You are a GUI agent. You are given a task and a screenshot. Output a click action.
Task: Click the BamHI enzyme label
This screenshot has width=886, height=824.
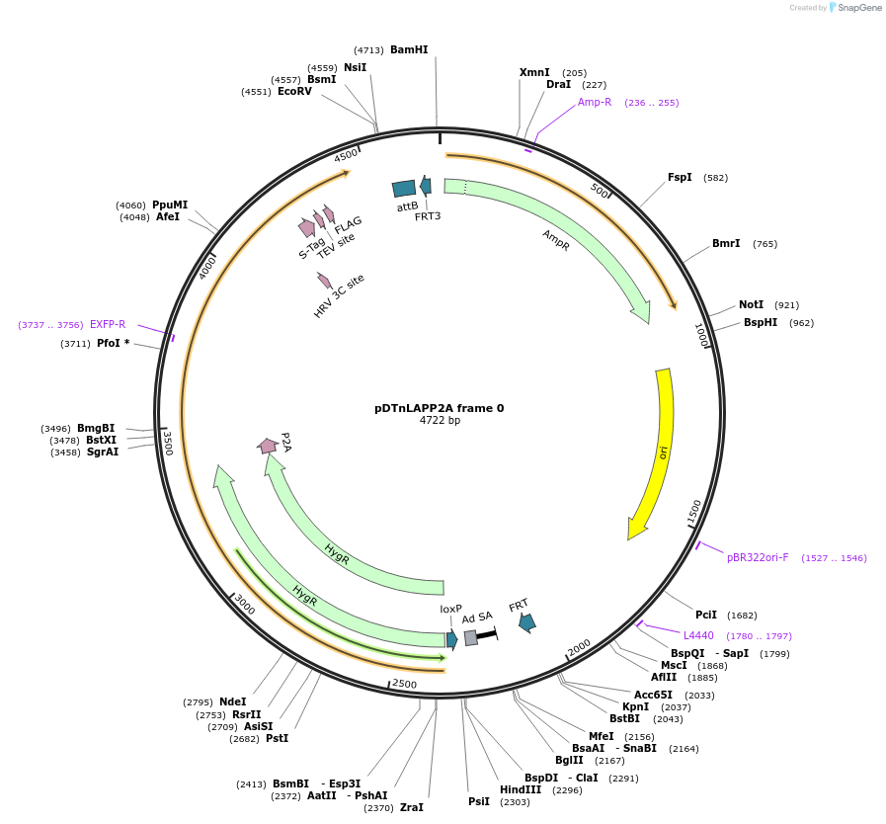click(409, 49)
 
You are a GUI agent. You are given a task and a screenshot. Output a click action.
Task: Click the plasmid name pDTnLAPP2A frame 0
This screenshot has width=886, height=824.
click(439, 408)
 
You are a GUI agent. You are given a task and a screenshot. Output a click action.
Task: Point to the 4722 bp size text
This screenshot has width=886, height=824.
click(440, 421)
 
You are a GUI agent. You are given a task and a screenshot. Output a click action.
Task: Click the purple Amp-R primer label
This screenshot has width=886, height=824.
click(595, 103)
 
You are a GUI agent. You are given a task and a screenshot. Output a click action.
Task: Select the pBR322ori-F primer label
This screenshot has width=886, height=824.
click(758, 557)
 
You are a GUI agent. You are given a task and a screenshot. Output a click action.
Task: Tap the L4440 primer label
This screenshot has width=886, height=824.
click(698, 635)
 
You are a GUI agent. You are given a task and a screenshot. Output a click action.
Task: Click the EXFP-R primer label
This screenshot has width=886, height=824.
click(108, 324)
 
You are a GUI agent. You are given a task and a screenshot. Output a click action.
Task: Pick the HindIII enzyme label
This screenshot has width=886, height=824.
click(521, 789)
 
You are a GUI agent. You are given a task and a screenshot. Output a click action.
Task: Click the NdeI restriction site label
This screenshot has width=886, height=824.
click(233, 702)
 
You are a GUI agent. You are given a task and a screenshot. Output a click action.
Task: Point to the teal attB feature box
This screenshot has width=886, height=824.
click(404, 189)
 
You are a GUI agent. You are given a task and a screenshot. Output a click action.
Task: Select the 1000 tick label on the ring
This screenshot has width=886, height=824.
click(701, 335)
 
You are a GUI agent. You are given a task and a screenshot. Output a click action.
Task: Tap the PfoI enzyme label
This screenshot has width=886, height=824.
click(109, 344)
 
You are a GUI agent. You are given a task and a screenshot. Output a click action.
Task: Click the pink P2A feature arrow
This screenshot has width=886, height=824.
click(267, 447)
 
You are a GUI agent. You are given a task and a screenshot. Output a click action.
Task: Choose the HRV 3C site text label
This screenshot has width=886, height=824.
click(339, 295)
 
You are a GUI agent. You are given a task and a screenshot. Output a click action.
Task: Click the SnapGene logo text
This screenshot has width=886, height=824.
click(858, 8)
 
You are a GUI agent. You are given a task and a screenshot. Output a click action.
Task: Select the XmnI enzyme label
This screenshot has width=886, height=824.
click(534, 73)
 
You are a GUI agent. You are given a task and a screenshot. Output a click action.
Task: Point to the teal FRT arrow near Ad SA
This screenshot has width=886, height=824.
click(526, 622)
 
